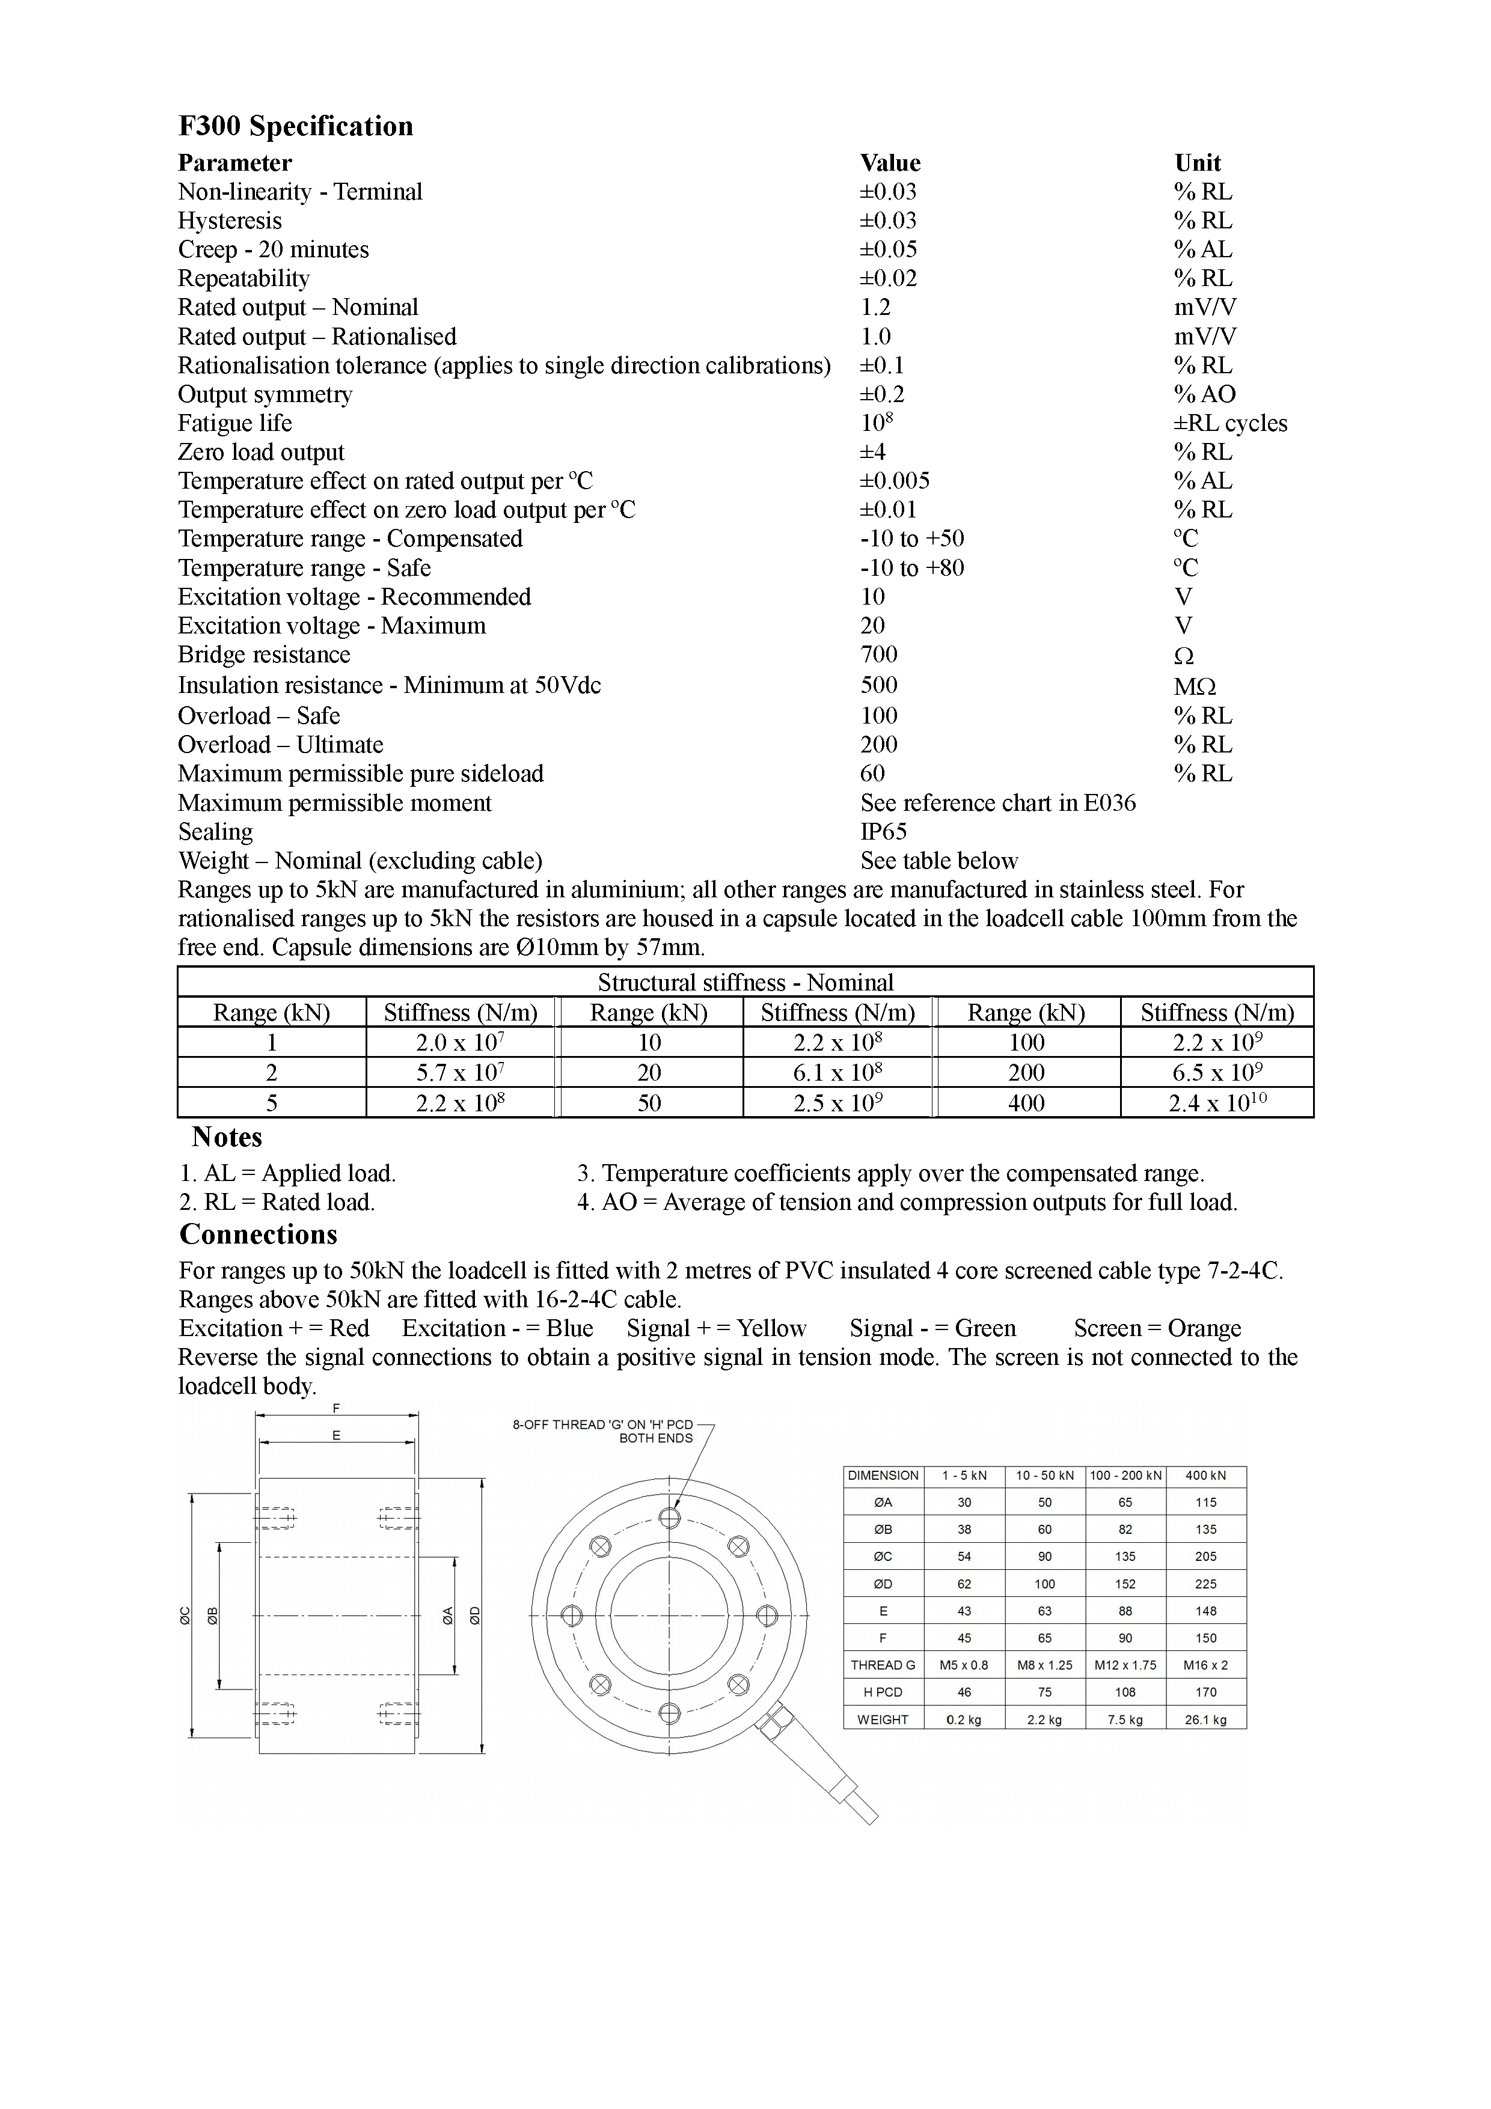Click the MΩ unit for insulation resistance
1195,686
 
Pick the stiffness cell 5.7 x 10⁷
461,1072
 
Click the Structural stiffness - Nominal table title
745,982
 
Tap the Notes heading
227,1137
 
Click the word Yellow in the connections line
771,1328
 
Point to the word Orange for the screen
1204,1328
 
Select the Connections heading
258,1235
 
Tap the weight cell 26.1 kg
1205,1720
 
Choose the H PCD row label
883,1692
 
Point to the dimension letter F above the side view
336,1408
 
